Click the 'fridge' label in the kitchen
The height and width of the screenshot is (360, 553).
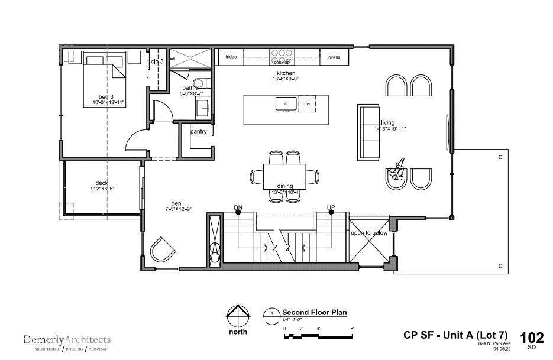click(231, 57)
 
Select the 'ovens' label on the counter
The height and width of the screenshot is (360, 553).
click(334, 57)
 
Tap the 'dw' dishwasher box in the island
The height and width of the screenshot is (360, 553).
click(307, 103)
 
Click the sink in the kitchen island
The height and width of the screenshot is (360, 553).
click(286, 103)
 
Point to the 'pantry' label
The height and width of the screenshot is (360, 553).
click(198, 131)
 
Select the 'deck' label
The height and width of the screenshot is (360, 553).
click(102, 183)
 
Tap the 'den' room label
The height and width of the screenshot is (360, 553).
click(176, 202)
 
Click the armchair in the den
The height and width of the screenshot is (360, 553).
click(163, 249)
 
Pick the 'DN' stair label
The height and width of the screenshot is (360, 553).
click(238, 207)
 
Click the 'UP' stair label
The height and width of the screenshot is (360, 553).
click(331, 207)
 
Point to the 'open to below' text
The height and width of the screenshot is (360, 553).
click(368, 233)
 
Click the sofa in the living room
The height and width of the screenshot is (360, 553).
click(368, 132)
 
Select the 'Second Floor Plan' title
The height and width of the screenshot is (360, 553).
click(313, 312)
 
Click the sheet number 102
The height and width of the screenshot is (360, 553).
click(531, 338)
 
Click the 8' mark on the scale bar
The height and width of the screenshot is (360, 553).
click(352, 329)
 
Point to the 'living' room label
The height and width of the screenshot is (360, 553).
click(387, 123)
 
